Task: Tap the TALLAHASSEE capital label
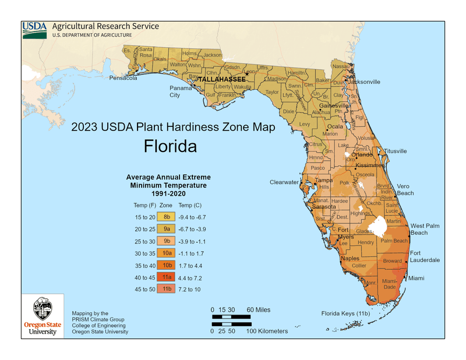pos(222,79)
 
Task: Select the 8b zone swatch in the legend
pos(167,217)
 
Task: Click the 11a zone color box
pos(167,277)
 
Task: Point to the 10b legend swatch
pos(167,265)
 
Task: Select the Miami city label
pos(416,278)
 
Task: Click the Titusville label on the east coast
pos(395,151)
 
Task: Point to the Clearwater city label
pos(284,182)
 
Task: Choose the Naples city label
pos(350,258)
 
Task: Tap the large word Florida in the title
pos(170,146)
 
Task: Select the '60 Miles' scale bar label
pos(258,309)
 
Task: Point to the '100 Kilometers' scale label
pos(267,331)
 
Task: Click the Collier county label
pos(359,266)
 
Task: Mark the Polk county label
pos(344,183)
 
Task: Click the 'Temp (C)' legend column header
pos(190,205)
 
